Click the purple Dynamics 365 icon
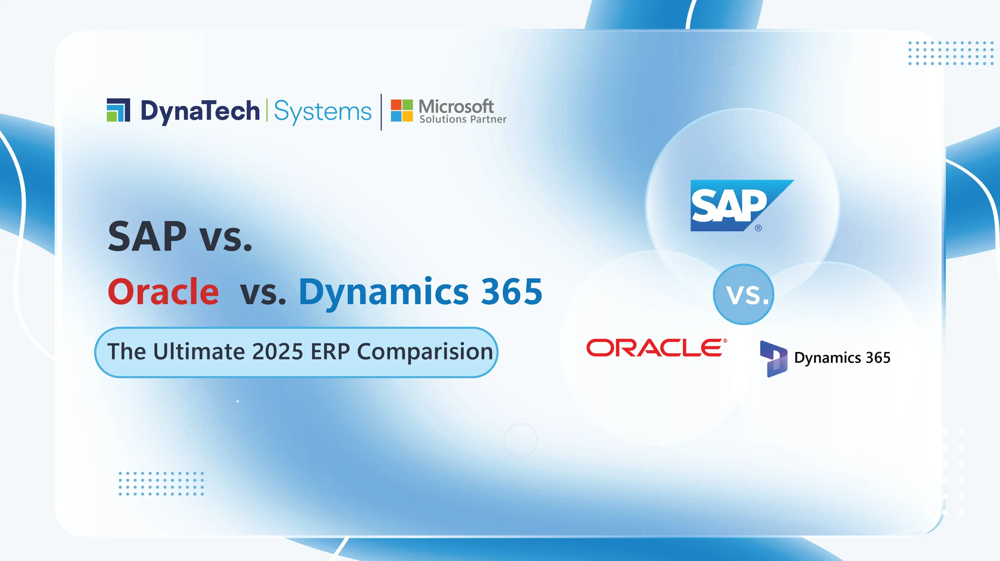[773, 359]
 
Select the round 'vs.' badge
[743, 294]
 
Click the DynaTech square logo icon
[118, 110]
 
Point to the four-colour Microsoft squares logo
[402, 111]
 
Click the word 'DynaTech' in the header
[200, 111]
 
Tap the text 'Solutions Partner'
[463, 119]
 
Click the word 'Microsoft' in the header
[456, 106]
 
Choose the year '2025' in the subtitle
[277, 351]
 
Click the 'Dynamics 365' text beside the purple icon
[842, 358]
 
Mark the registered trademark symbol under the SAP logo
[758, 228]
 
